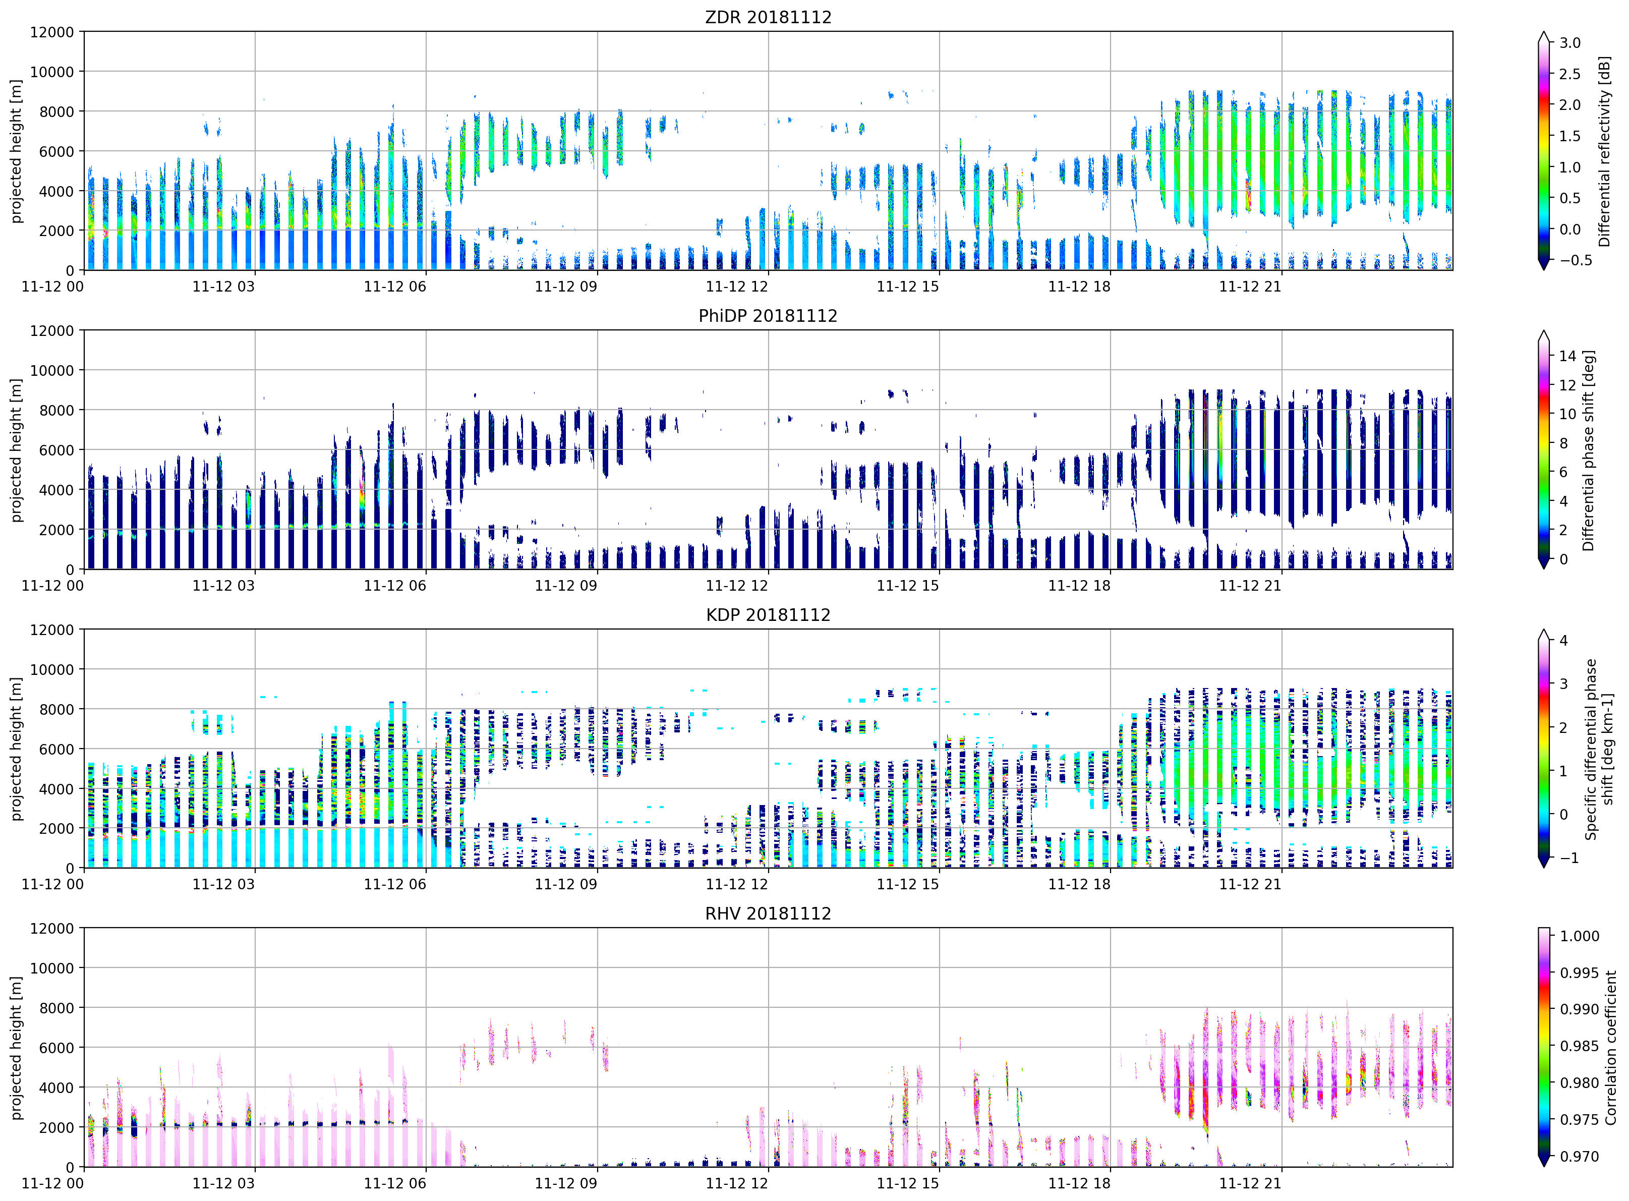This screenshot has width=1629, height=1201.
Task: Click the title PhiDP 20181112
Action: coord(768,316)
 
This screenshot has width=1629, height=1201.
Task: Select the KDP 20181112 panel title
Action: coord(768,614)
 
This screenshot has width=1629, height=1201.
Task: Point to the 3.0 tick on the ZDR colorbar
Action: coord(1569,43)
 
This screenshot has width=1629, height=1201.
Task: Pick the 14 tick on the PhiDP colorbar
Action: coord(1567,356)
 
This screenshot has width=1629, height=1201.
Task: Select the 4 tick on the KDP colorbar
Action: coord(1563,641)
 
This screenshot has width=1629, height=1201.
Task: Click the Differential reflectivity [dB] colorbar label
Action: coord(1604,151)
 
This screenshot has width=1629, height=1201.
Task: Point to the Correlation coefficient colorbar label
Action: coord(1611,1048)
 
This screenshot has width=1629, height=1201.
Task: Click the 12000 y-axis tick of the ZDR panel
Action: coord(51,32)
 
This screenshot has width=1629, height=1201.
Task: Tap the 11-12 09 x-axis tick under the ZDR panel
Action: coord(565,287)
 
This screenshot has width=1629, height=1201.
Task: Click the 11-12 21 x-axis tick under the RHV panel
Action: coord(1250,1183)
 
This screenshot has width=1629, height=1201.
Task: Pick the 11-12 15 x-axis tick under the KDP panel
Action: coord(908,884)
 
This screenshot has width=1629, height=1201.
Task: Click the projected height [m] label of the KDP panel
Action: coord(16,749)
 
